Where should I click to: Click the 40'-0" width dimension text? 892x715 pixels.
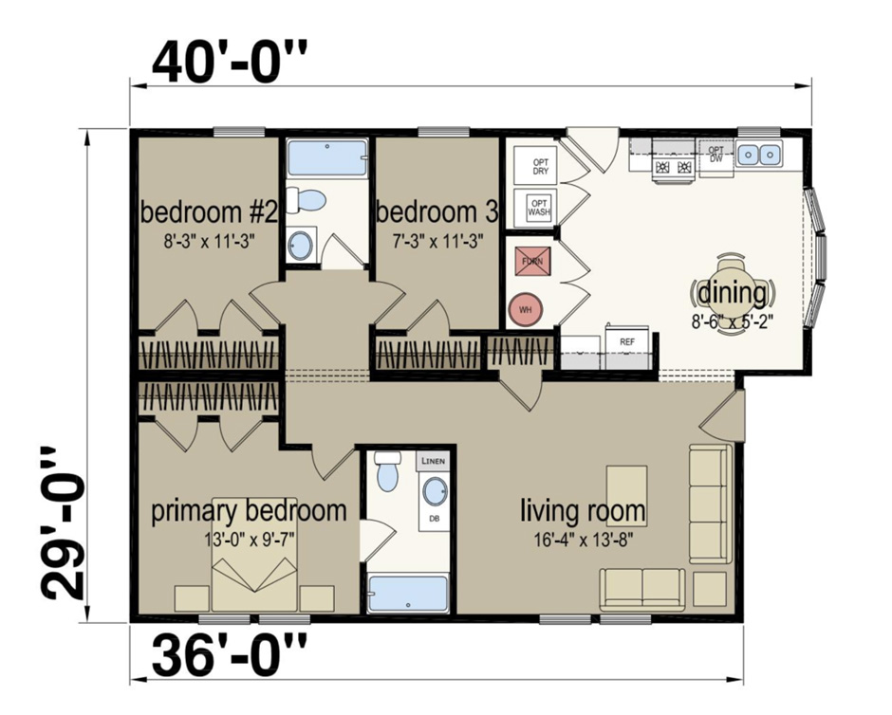click(x=231, y=64)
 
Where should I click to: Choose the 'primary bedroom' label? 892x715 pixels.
click(x=250, y=511)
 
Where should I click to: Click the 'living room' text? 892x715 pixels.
click(x=582, y=511)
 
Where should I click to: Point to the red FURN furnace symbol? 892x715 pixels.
click(x=528, y=260)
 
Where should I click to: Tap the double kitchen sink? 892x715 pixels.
click(x=759, y=152)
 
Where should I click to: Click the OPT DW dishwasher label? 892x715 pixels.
click(x=716, y=155)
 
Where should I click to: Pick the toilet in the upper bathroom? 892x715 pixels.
click(x=307, y=200)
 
